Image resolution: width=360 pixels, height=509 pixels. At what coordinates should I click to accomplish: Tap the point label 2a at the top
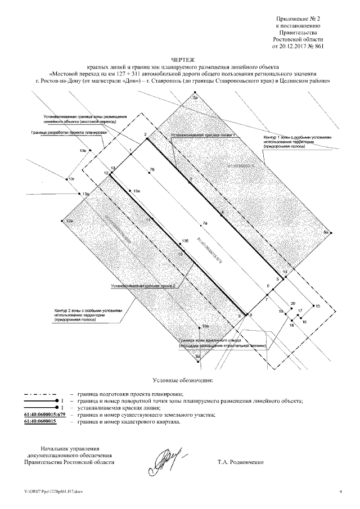coord(195,98)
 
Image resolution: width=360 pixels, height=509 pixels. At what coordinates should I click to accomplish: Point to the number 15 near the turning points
coord(317,305)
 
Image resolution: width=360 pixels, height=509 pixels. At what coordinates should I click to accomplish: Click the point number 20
coord(292,304)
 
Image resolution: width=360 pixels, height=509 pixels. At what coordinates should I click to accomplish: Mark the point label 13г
coord(71,179)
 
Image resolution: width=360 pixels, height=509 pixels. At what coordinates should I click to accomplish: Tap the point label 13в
coord(83,151)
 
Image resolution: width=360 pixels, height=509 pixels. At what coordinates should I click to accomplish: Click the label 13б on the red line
coord(184,241)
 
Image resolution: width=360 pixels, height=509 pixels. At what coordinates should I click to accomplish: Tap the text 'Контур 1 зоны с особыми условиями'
coord(301,137)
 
